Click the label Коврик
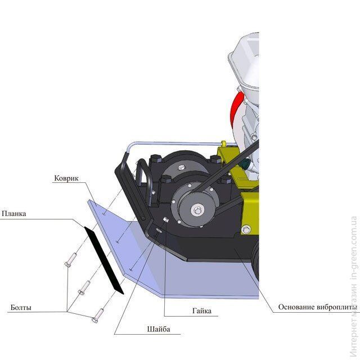click(66, 178)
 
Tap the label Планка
click(13, 214)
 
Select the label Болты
click(21, 308)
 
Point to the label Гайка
click(202, 311)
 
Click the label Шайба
click(159, 329)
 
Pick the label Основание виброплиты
click(318, 307)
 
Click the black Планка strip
click(104, 260)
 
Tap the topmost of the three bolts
click(71, 260)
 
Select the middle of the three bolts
click(84, 287)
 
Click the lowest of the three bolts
click(98, 316)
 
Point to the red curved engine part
click(236, 107)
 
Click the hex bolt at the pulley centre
click(197, 210)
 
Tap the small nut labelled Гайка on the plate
click(166, 220)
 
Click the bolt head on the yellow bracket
click(246, 229)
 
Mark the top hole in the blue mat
click(104, 214)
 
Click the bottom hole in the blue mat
click(131, 269)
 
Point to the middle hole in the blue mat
click(118, 242)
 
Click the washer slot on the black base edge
click(158, 231)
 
